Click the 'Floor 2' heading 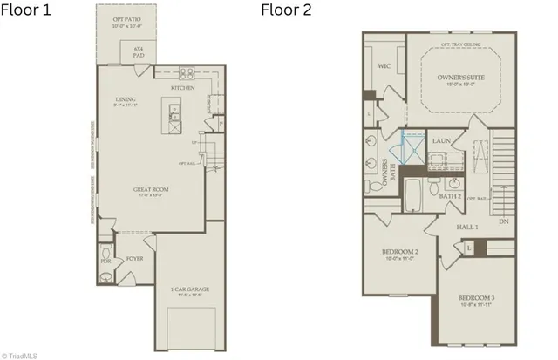286,10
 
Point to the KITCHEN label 181,89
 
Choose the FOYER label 135,259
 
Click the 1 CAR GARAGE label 190,290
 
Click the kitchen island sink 173,111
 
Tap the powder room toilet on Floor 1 105,277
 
